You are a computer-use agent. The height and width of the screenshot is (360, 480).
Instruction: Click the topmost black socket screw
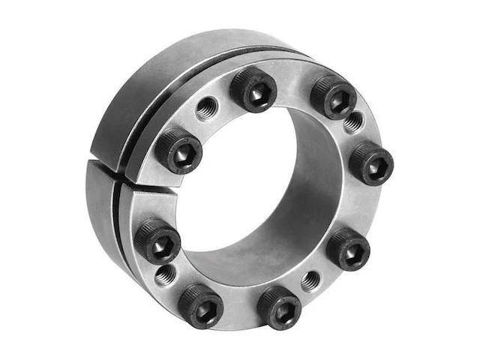coord(253,89)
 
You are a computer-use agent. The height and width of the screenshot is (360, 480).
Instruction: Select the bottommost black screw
coord(279,307)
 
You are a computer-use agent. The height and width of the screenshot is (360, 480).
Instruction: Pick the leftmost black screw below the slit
coord(157,241)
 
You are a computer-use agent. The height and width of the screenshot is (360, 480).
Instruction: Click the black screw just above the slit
coord(178,150)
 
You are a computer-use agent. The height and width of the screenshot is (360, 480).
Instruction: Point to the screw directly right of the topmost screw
coord(333,95)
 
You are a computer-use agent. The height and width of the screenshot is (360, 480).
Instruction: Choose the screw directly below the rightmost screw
coord(348,249)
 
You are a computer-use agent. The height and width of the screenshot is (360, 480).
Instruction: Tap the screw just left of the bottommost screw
coord(200,304)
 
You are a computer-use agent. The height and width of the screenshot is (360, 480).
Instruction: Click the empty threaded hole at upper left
coord(206,110)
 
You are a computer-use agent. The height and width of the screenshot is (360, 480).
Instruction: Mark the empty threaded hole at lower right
coord(310,280)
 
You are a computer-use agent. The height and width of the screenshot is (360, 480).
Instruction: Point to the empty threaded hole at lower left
coord(166,274)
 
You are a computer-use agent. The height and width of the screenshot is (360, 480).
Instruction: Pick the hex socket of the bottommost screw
coord(280,309)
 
